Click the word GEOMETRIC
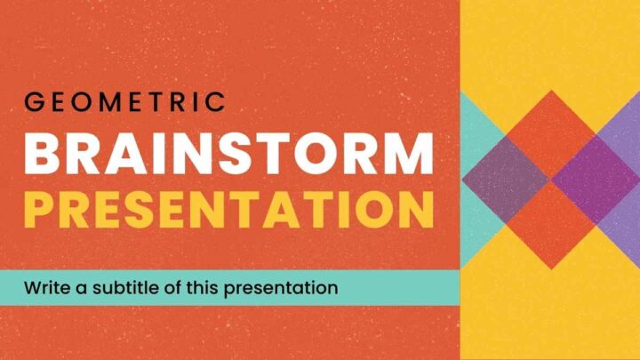[x=124, y=102]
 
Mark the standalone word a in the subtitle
[x=83, y=289]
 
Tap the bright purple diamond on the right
[x=594, y=180]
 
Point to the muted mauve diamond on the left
[x=507, y=180]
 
